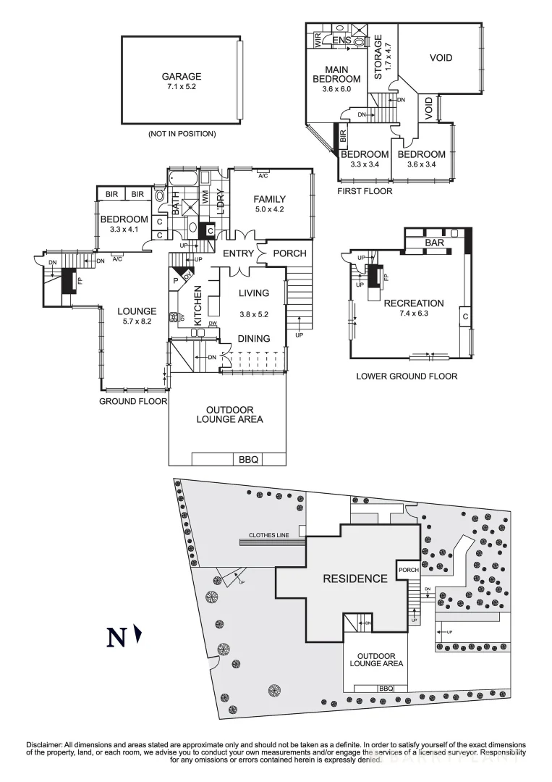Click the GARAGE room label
pos(181,76)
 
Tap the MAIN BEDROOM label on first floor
pos(336,74)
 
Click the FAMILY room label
pos(269,199)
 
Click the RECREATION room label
pos(414,303)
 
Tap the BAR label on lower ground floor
pos(434,243)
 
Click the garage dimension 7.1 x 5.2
pos(181,87)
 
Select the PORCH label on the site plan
pos(409,570)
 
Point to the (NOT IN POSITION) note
pos(182,134)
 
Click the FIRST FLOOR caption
pos(365,191)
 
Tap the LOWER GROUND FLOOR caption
pos(407,376)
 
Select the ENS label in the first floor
pos(341,41)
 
